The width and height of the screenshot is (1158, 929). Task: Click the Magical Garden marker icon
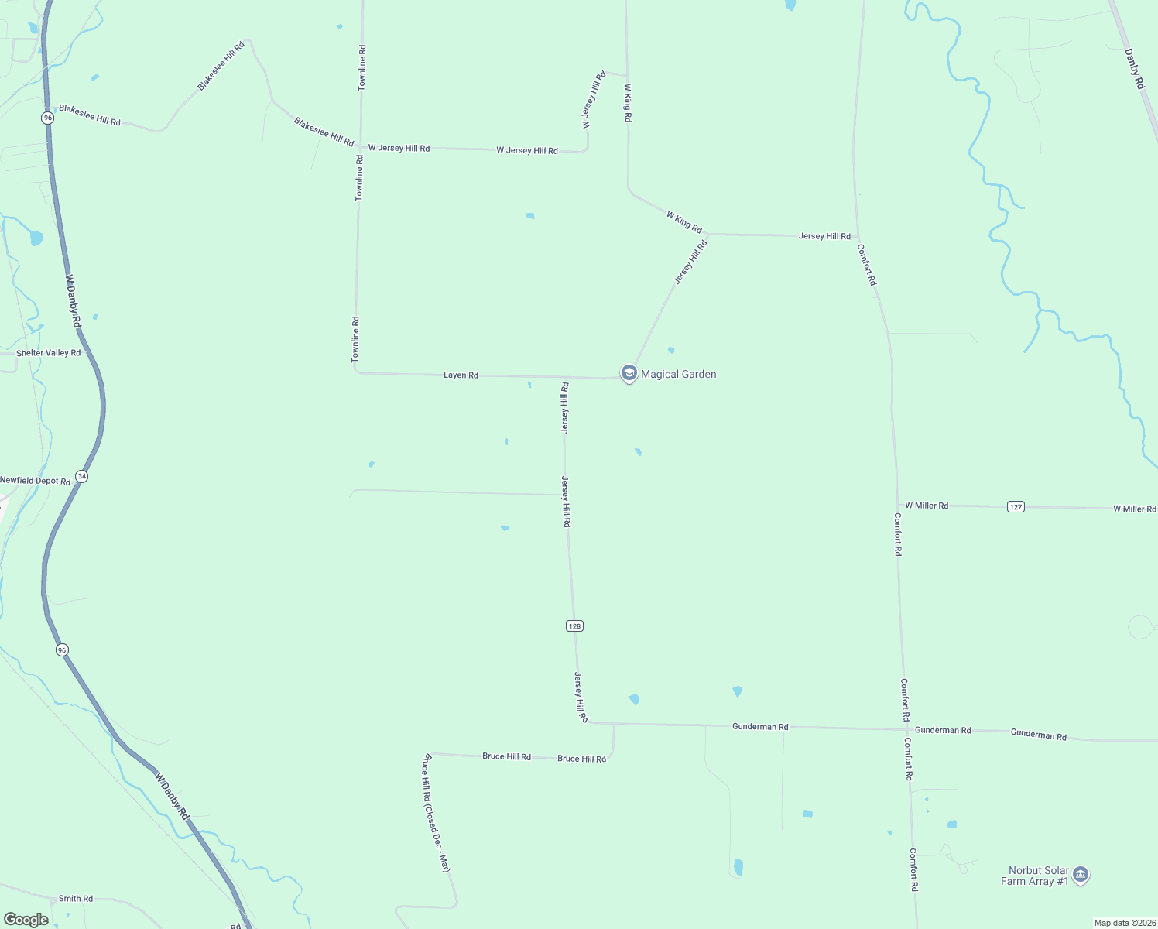pyautogui.click(x=629, y=374)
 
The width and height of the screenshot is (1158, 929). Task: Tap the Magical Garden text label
pyautogui.click(x=679, y=374)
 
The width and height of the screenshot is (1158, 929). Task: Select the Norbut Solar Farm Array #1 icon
pyautogui.click(x=1081, y=875)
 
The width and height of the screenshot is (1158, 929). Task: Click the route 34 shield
pyautogui.click(x=81, y=476)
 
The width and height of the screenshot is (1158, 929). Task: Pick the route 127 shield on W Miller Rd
pyautogui.click(x=1016, y=506)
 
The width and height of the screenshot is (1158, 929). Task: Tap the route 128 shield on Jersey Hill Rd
pyautogui.click(x=574, y=626)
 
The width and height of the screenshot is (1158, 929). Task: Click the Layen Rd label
pyautogui.click(x=461, y=375)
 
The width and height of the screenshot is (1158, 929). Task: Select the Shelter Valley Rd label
pyautogui.click(x=49, y=353)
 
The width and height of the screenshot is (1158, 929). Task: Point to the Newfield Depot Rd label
pyautogui.click(x=36, y=481)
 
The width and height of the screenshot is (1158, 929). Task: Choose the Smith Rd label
pyautogui.click(x=76, y=899)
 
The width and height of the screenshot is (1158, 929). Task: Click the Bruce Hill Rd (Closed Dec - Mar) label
pyautogui.click(x=435, y=813)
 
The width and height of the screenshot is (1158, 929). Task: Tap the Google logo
pyautogui.click(x=26, y=920)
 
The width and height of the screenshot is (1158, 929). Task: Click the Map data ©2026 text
pyautogui.click(x=1123, y=923)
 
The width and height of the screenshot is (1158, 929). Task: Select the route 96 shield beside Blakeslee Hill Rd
pyautogui.click(x=48, y=118)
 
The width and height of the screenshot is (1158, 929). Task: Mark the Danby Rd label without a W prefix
pyautogui.click(x=1135, y=69)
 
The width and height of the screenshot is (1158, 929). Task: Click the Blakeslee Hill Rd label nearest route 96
pyautogui.click(x=90, y=116)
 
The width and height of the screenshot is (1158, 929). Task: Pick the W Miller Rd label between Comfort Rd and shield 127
pyautogui.click(x=927, y=506)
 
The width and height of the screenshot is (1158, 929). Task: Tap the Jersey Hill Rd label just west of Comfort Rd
pyautogui.click(x=824, y=236)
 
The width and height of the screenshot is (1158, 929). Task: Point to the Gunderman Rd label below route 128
pyautogui.click(x=760, y=727)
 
